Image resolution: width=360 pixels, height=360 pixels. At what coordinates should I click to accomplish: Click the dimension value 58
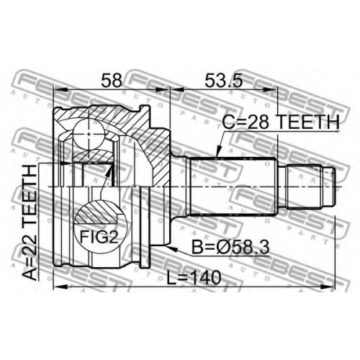(x=112, y=81)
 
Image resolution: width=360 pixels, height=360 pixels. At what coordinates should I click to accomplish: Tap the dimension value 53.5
(x=224, y=81)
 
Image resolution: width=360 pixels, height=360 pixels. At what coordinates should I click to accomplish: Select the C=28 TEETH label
(x=281, y=122)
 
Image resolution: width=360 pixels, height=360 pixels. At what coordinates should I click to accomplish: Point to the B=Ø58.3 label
(x=230, y=247)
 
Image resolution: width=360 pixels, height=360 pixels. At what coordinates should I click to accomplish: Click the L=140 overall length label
(x=194, y=278)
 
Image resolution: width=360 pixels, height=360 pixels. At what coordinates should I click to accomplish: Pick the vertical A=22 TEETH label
(x=30, y=222)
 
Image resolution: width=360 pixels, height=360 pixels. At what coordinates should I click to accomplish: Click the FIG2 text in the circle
(x=99, y=236)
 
